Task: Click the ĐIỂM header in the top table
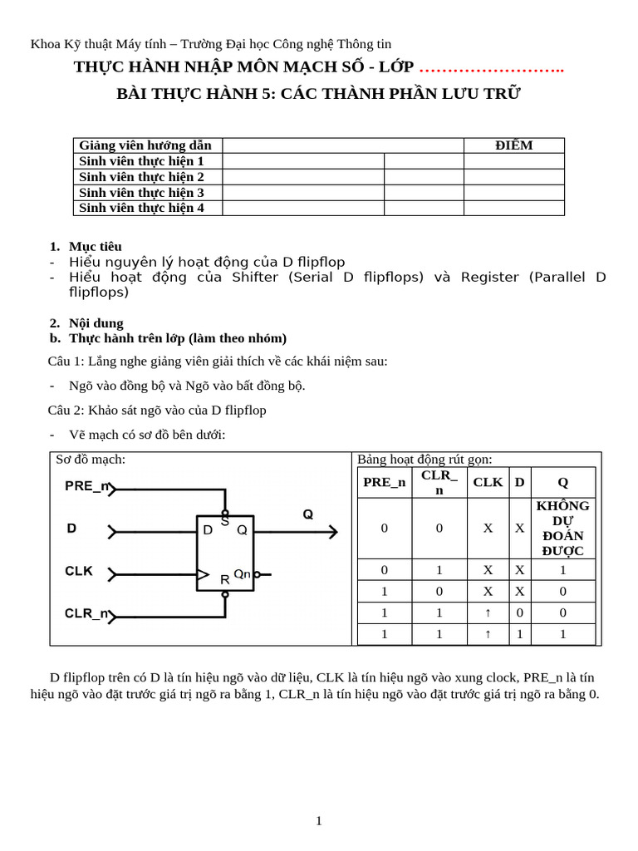coord(513,145)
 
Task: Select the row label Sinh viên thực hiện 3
coord(141,192)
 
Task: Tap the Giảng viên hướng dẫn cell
coord(145,145)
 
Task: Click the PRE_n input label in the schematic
coord(87,487)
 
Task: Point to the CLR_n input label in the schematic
coord(87,613)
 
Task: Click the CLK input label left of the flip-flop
coord(79,571)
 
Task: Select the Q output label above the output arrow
coord(308,514)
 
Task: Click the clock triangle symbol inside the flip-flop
coord(203,573)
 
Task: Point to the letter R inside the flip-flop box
coord(224,579)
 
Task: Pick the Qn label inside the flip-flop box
coord(242,573)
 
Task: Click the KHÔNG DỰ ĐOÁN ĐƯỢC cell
coord(562,528)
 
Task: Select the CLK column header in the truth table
coord(488,482)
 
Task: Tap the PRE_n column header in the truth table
coord(384,482)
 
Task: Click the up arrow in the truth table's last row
coord(488,634)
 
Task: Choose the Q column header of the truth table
coord(562,482)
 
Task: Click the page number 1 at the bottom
coord(318,821)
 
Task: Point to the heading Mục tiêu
coord(95,246)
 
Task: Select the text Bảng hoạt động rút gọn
coord(425,460)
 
